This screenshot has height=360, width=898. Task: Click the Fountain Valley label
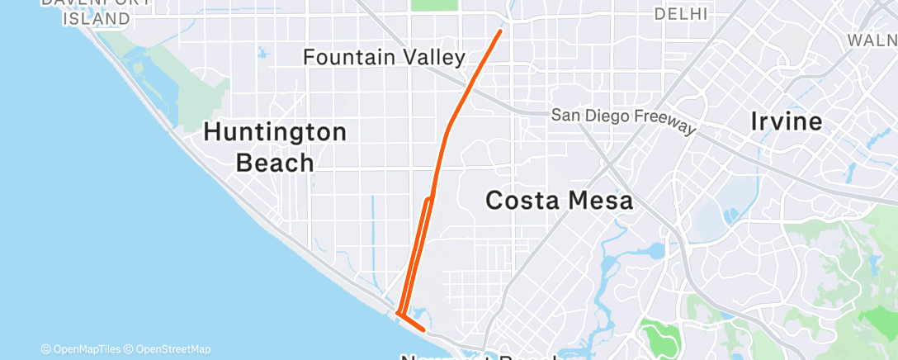[x=385, y=58]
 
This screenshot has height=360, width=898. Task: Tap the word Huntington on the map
[x=276, y=132]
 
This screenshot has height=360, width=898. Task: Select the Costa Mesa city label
[x=559, y=200]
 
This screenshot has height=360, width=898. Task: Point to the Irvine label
[x=787, y=121]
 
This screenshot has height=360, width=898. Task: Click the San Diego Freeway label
[x=624, y=116]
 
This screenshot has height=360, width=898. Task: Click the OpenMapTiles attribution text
[x=85, y=349]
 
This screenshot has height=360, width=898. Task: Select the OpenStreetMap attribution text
[x=173, y=349]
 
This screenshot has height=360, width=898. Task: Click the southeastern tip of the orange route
[x=424, y=329]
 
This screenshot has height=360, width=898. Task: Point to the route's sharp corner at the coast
[x=398, y=313]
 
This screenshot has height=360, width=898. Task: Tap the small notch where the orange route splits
[x=428, y=200]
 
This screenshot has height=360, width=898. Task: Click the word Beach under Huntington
[x=275, y=163]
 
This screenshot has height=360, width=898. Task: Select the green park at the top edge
[x=434, y=4]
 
